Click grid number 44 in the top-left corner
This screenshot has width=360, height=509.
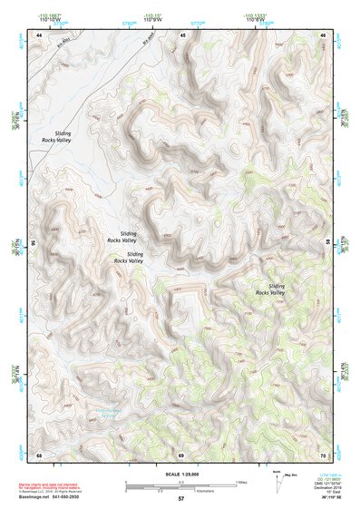(x=38, y=34)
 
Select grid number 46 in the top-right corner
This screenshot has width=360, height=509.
(x=323, y=34)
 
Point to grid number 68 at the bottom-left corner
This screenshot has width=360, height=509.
(x=38, y=454)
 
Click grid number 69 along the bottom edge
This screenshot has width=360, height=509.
(x=180, y=454)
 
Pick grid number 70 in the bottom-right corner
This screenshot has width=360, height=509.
(x=323, y=454)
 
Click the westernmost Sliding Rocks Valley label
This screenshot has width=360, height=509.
(x=56, y=137)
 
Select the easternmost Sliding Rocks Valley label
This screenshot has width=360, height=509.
(x=270, y=289)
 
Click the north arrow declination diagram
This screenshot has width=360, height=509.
(x=277, y=482)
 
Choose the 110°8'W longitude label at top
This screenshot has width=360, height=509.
(x=258, y=19)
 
